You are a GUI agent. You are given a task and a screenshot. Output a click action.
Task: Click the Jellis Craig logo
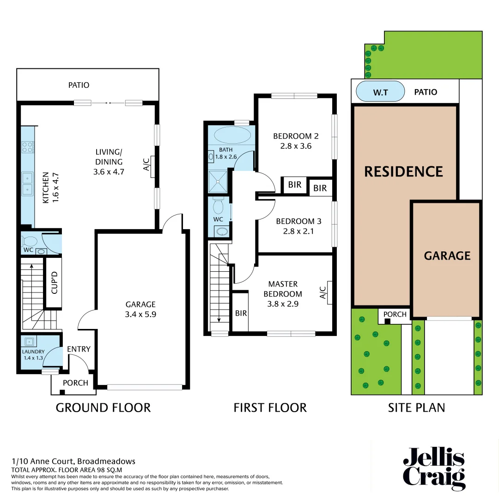(434, 469)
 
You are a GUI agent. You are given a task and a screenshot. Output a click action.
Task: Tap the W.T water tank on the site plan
(380, 92)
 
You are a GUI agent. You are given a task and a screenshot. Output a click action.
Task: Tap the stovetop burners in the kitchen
(28, 147)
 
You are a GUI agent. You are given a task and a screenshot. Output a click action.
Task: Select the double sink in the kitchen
(27, 183)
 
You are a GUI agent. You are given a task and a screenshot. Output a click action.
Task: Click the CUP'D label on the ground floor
(54, 283)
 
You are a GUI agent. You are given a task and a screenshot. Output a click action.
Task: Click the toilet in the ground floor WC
(30, 241)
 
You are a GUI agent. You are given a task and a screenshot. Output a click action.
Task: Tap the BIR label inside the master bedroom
(241, 313)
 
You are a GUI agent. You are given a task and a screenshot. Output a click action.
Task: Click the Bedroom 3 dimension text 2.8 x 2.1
(298, 231)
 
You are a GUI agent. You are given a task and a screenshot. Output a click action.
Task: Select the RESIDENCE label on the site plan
(403, 171)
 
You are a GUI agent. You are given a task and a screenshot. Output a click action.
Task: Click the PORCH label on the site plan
(395, 315)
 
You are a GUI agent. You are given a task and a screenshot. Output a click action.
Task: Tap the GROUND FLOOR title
(103, 408)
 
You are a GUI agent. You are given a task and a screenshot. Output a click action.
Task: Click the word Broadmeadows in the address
(106, 461)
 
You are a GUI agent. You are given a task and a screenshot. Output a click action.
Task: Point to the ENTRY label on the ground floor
(79, 349)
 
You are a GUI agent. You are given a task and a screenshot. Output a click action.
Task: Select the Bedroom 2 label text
(296, 136)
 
